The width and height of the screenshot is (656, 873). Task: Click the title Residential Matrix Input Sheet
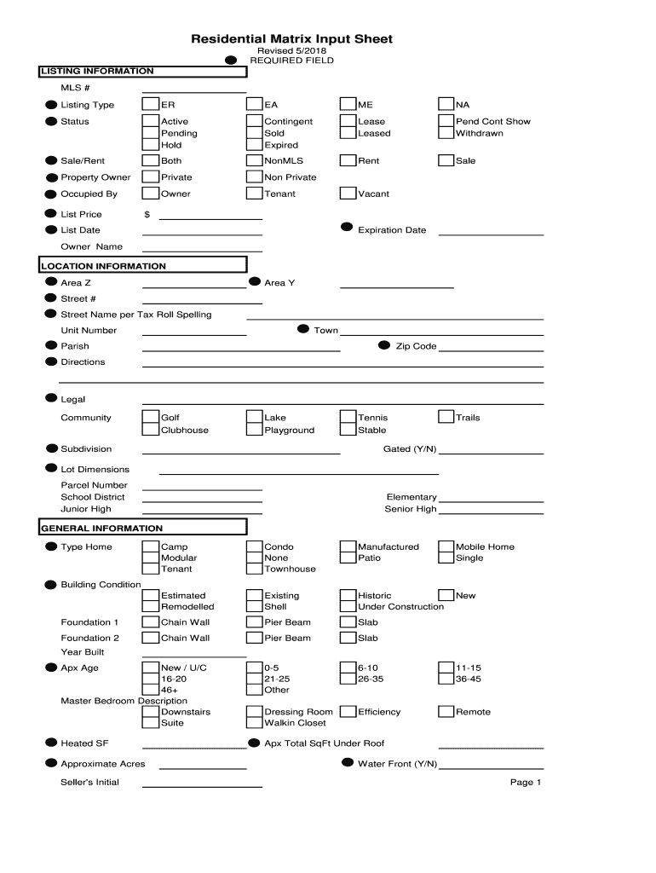[291, 39]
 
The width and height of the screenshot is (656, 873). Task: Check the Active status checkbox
[151, 121]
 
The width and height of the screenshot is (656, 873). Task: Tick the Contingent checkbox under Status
[254, 121]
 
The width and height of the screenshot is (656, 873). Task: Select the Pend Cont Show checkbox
[446, 121]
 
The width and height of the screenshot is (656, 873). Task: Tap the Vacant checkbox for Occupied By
[348, 194]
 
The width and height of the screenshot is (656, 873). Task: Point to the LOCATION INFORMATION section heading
[104, 266]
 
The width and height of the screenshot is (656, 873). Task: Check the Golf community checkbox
[151, 418]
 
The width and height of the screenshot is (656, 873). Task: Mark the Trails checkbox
[446, 418]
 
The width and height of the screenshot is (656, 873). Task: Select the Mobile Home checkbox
[446, 546]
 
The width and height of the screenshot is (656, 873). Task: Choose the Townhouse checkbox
[254, 569]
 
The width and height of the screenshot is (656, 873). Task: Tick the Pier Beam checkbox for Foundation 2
[254, 638]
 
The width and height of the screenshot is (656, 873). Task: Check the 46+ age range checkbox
[151, 690]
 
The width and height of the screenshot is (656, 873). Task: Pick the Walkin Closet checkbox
[254, 723]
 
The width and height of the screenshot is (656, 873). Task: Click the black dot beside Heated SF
[51, 743]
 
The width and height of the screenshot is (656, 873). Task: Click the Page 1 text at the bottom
[526, 783]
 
